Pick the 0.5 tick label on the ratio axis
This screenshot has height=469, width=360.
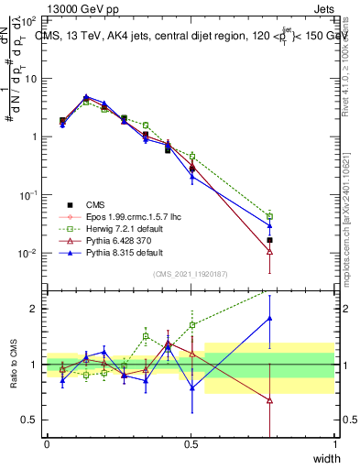pos(30,420)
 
